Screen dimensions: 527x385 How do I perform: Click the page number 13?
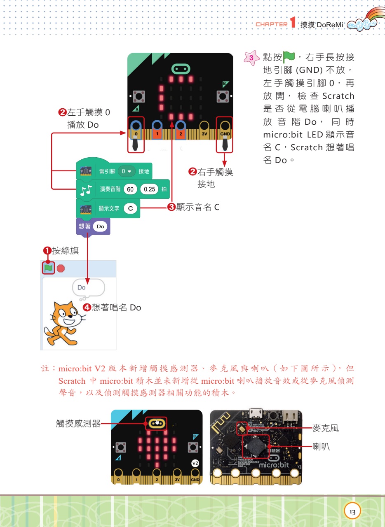(352, 511)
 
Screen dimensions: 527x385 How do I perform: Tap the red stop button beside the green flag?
(61, 268)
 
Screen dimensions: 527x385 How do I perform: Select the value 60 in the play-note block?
(130, 189)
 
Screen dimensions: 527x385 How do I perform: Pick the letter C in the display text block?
(130, 209)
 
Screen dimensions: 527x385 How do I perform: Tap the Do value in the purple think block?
(101, 226)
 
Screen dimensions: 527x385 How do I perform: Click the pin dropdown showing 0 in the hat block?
(126, 171)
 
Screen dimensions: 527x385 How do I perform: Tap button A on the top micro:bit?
(139, 97)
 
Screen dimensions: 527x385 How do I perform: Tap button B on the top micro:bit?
(223, 97)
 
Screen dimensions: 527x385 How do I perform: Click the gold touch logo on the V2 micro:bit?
(156, 423)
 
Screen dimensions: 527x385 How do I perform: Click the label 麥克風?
(326, 428)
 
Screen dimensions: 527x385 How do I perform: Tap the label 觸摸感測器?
(78, 423)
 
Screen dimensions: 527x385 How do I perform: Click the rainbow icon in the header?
(363, 22)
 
